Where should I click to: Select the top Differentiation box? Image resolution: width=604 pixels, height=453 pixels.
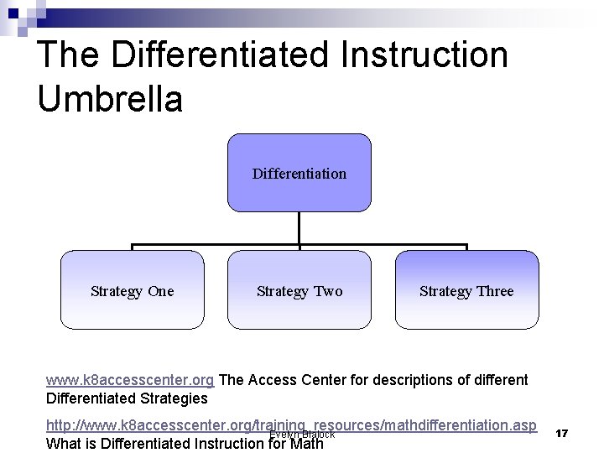[x=299, y=173]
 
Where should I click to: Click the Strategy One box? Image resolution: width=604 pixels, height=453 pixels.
[x=132, y=290]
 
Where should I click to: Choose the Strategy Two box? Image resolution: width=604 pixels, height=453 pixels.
[x=299, y=290]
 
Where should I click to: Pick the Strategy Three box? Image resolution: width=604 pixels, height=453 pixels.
[x=466, y=290]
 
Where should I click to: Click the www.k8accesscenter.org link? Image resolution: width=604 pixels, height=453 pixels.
[x=130, y=380]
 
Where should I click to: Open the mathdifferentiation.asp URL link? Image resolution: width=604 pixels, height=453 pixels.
[x=291, y=425]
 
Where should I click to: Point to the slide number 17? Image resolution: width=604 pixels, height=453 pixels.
[x=562, y=433]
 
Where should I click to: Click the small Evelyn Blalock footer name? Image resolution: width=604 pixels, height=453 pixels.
[x=302, y=435]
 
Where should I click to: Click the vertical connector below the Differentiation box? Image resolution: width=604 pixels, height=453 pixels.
[x=299, y=228]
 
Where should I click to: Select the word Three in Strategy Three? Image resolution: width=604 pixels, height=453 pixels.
[x=495, y=291]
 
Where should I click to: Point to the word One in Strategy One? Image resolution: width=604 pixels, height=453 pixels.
[x=160, y=291]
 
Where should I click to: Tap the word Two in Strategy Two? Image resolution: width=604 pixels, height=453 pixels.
[x=328, y=291]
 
